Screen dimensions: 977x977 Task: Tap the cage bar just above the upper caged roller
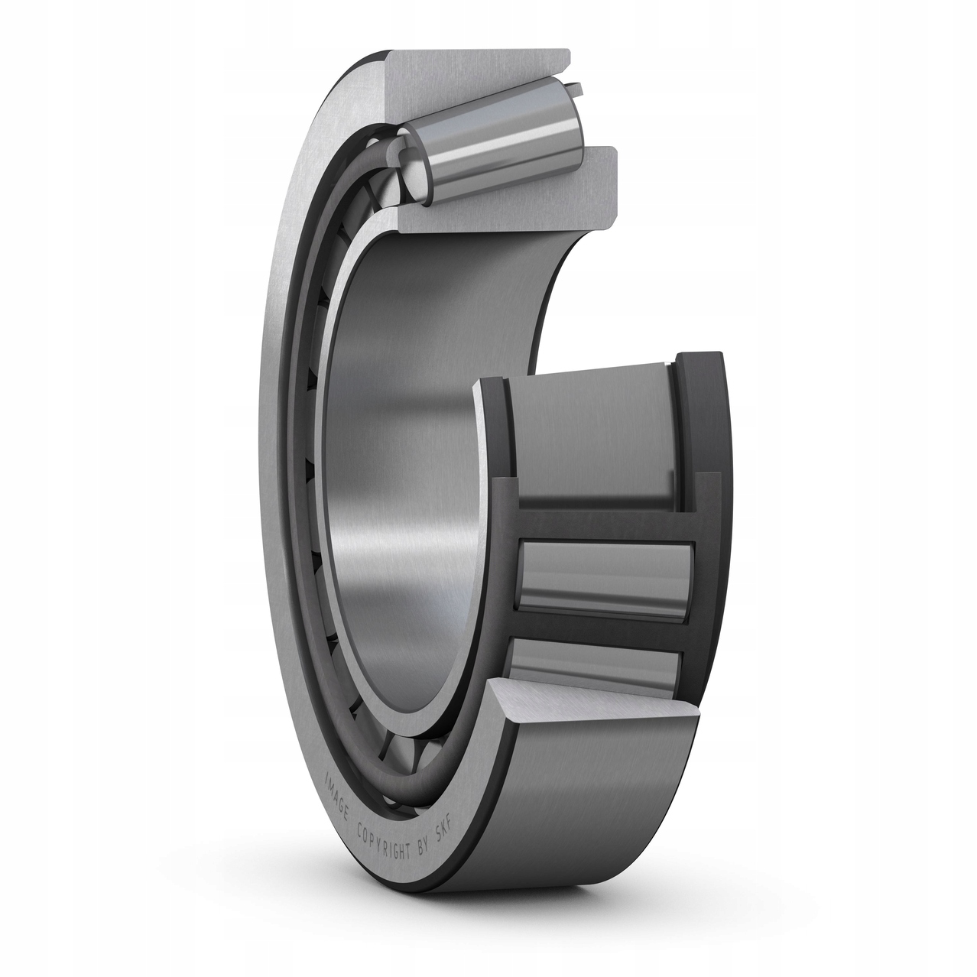(x=604, y=524)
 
